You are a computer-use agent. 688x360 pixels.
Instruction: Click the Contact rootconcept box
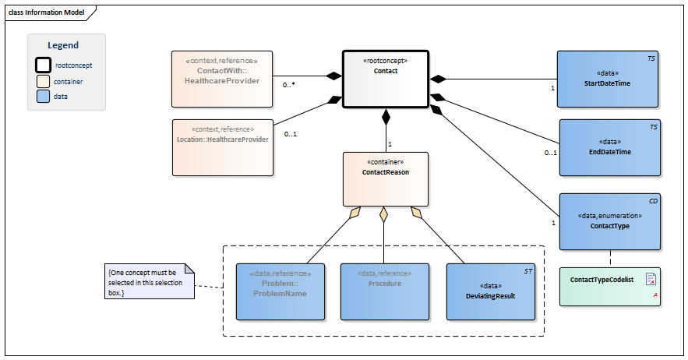(385, 79)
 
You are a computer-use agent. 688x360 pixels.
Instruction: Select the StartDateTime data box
(607, 79)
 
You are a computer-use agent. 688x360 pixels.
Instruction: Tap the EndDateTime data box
(609, 148)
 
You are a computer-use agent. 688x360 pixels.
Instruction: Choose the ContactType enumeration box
(609, 222)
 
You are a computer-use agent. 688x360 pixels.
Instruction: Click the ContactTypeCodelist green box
(609, 287)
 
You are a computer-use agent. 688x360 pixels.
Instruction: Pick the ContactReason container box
(385, 179)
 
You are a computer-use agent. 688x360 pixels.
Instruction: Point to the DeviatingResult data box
(491, 292)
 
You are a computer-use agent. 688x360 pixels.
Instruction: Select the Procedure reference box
(385, 292)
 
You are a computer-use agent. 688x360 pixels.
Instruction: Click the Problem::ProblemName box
(280, 292)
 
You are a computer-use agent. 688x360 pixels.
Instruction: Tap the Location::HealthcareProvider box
(223, 148)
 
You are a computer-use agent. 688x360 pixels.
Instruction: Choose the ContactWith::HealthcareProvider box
(222, 79)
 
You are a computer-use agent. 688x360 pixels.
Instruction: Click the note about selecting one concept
(149, 281)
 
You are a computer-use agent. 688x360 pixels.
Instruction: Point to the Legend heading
(63, 45)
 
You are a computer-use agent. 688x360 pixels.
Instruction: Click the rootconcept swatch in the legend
(43, 65)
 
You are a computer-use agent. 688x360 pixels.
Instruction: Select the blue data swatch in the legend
(43, 97)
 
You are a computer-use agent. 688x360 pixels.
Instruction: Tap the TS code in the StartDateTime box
(651, 58)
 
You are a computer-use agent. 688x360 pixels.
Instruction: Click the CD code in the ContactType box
(654, 201)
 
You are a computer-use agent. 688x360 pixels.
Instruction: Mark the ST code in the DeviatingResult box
(528, 271)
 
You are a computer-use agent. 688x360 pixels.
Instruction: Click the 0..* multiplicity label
(289, 85)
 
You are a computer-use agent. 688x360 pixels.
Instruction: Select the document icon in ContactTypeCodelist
(651, 279)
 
